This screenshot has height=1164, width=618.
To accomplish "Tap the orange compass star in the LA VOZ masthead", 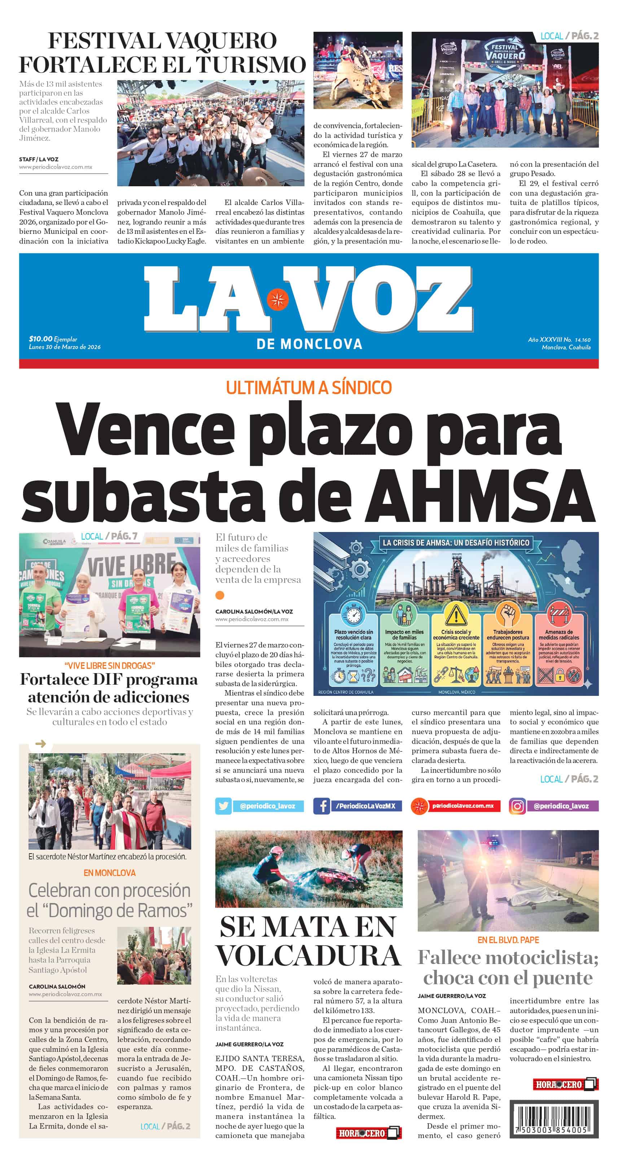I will [x=277, y=300].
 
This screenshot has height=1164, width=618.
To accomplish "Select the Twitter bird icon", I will [x=223, y=806].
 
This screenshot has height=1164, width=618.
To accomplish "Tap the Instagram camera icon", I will [x=517, y=806].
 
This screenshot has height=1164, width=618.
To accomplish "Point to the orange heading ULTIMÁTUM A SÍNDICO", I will [x=308, y=388].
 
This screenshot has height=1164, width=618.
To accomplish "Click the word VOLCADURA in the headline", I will [x=308, y=956].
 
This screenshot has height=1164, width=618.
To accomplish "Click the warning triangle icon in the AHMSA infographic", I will [x=456, y=615].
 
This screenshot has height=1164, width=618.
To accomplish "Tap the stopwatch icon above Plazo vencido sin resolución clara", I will [x=353, y=615].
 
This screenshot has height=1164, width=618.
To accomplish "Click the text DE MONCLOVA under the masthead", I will [x=309, y=344].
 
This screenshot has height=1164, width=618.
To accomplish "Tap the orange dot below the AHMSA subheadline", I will [x=220, y=595].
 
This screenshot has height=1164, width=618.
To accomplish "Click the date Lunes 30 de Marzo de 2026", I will [x=65, y=347].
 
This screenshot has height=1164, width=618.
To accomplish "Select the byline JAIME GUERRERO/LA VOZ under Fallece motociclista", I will [x=452, y=996].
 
